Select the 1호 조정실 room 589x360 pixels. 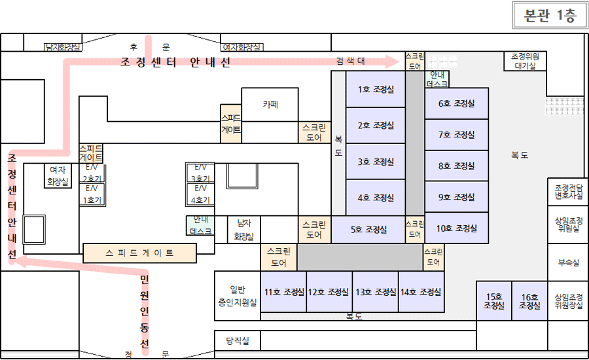[x=376, y=90]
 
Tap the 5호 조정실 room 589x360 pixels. [x=368, y=230]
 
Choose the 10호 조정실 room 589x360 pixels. [x=456, y=228]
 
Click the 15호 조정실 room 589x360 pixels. [x=493, y=301]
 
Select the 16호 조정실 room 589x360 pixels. [x=529, y=301]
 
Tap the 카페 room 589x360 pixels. [x=270, y=104]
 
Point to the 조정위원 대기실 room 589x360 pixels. [x=525, y=61]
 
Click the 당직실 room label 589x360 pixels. [x=238, y=340]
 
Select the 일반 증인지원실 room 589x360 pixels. [x=238, y=295]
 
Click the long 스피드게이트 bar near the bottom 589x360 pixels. [x=139, y=253]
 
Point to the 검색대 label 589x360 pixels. [x=351, y=61]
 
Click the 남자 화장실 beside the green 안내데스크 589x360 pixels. [x=244, y=230]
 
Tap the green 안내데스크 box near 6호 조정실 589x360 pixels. [x=437, y=79]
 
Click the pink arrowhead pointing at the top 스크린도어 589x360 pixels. [x=394, y=62]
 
